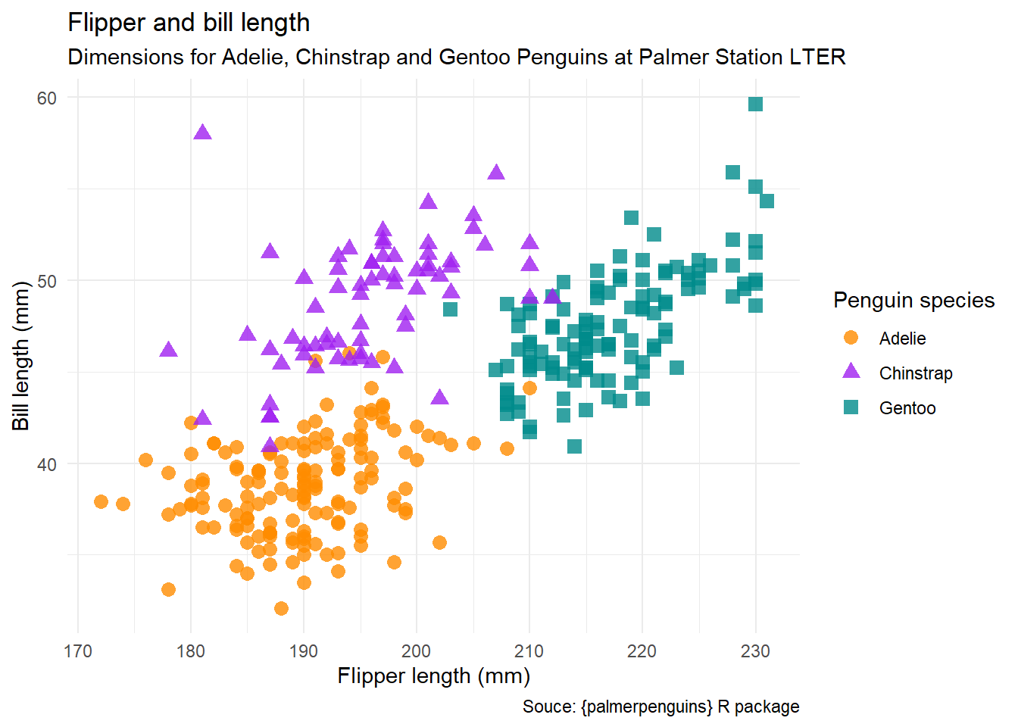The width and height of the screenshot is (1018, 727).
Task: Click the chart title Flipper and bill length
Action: click(189, 23)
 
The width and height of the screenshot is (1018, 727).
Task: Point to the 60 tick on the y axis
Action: click(47, 98)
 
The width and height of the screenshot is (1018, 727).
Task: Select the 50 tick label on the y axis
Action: click(47, 282)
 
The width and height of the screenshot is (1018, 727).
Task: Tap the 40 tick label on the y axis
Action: click(47, 465)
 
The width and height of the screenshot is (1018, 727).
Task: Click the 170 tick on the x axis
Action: click(77, 651)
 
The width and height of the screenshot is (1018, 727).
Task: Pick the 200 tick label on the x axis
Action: click(416, 651)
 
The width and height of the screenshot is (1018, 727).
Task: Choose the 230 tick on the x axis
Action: click(754, 651)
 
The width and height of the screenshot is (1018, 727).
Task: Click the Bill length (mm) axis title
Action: click(20, 356)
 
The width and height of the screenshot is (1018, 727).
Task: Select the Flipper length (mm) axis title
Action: click(433, 676)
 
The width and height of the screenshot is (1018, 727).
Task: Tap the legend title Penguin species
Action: click(913, 301)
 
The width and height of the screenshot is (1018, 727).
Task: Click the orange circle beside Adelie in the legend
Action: click(851, 338)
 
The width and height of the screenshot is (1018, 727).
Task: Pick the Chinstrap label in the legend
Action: click(916, 373)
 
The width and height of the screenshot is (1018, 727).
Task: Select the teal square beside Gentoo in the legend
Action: click(851, 407)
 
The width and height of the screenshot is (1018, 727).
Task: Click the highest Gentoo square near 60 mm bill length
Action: click(755, 104)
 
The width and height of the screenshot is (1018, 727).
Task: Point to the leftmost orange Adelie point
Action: click(101, 501)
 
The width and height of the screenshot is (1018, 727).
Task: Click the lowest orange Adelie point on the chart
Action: click(281, 608)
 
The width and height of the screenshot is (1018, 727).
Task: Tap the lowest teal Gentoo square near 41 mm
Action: click(574, 446)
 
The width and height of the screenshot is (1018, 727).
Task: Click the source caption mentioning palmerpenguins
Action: click(660, 707)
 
